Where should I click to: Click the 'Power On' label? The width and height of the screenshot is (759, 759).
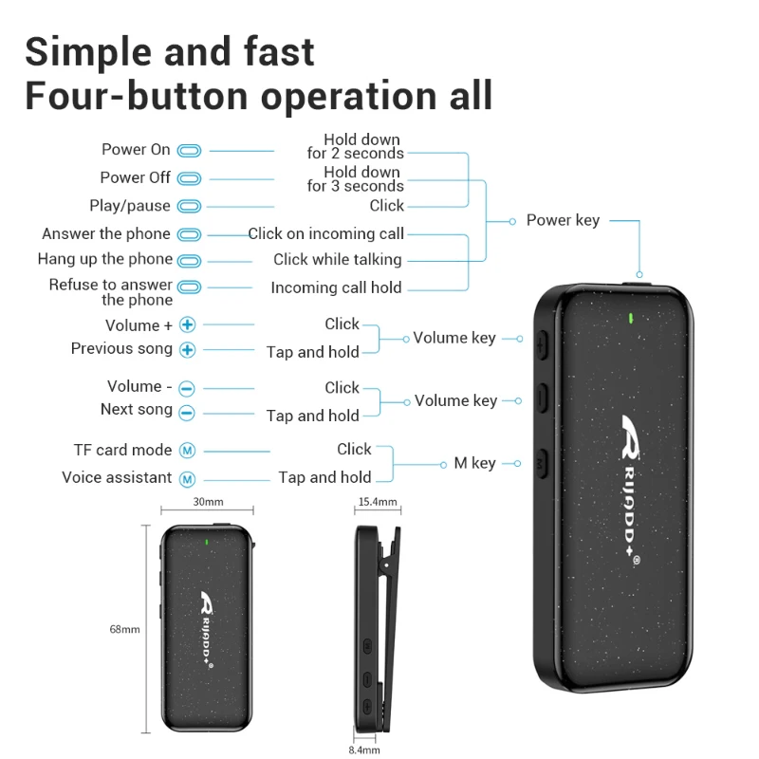pos(136,150)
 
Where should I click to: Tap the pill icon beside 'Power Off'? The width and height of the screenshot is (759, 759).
pos(190,178)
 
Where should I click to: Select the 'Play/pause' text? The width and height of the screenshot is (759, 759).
pos(130,206)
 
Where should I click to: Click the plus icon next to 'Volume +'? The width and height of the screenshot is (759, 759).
pos(188,325)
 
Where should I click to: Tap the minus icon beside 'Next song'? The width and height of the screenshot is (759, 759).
pos(187,412)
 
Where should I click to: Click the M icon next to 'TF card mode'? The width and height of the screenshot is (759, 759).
pos(187,451)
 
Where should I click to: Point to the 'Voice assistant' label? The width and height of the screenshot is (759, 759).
pos(118,478)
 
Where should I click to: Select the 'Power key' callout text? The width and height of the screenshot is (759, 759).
pos(563,220)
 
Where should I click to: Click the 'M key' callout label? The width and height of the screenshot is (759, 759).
pos(474,463)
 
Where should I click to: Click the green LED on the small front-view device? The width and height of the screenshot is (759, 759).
pos(208,544)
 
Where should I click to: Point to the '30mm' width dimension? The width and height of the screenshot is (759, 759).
pos(208,502)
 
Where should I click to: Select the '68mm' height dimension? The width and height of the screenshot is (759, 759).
pos(124,629)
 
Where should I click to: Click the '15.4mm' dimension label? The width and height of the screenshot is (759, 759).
pos(377,502)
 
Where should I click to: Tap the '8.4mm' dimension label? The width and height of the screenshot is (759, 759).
pos(363,750)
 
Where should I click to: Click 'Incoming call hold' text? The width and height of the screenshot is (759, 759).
pos(336,288)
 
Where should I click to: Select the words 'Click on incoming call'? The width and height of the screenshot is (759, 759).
pos(326,233)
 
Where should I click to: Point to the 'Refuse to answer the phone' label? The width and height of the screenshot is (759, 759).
pos(111,292)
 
